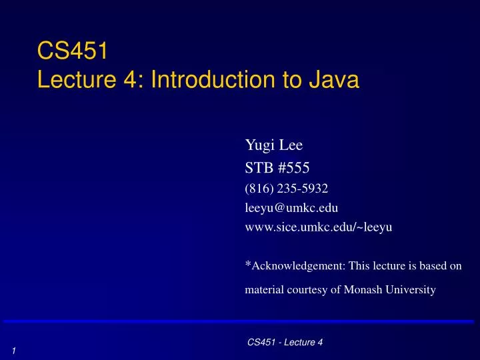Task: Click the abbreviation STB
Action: pos(259,169)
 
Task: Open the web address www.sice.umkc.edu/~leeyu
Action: pos(319,227)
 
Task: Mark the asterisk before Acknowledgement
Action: pos(248,264)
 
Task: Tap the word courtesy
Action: pos(309,290)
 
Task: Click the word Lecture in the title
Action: pos(75,80)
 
